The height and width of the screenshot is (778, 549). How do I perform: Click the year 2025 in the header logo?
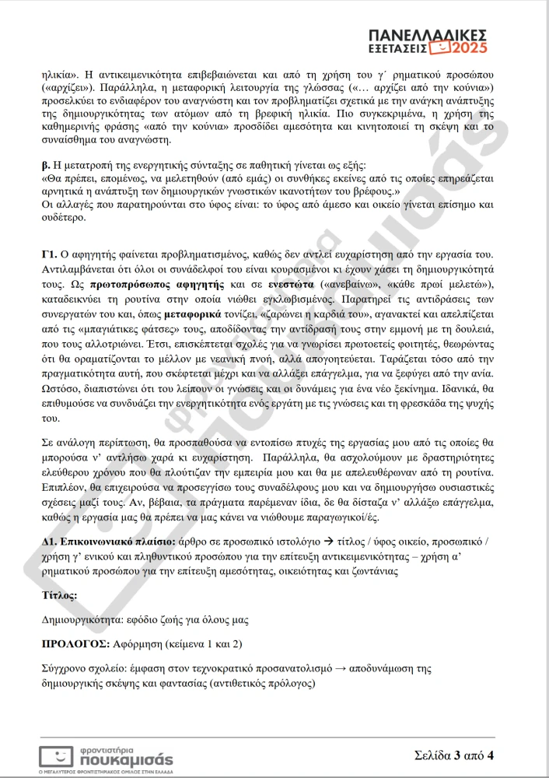pyautogui.click(x=469, y=47)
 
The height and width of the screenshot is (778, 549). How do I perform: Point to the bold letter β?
pyautogui.click(x=45, y=165)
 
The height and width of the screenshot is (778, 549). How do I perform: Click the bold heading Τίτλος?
pyautogui.click(x=59, y=594)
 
